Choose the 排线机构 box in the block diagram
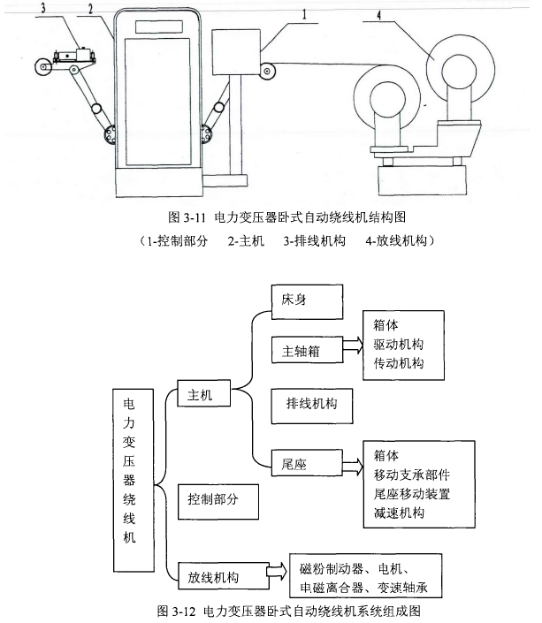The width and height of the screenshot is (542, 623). tap(312, 404)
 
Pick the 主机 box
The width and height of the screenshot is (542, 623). tap(202, 395)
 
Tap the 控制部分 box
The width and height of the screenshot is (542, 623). tap(217, 500)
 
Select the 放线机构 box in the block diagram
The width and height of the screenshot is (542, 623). tap(220, 576)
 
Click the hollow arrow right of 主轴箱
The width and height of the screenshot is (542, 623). tap(352, 349)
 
